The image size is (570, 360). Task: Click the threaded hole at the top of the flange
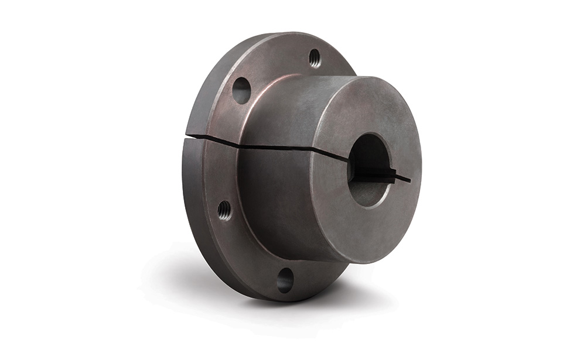click(315, 57)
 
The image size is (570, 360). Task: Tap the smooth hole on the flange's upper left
click(241, 90)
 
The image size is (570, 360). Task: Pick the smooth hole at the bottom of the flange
click(285, 280)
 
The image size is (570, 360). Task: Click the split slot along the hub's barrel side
click(275, 146)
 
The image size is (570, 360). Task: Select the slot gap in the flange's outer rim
click(193, 137)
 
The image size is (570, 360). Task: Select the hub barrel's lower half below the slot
click(275, 199)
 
